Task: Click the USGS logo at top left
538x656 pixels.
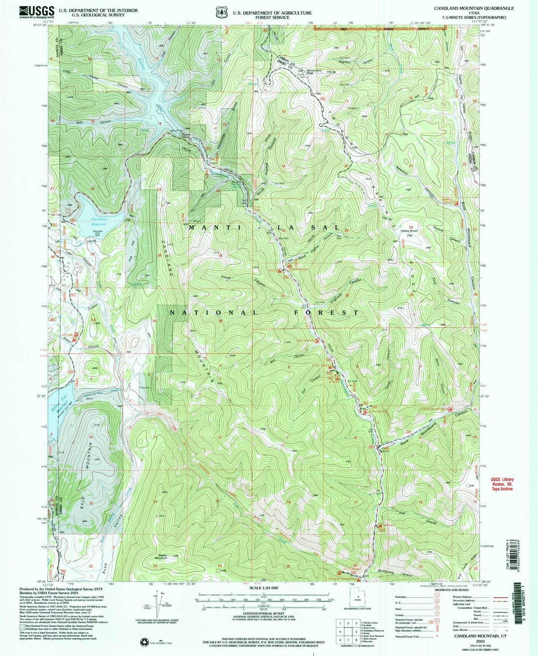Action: click(36, 12)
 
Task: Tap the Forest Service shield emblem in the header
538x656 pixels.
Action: click(221, 12)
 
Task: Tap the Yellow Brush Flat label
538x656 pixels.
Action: click(408, 233)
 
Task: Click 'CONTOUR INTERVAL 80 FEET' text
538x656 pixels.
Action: click(264, 614)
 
